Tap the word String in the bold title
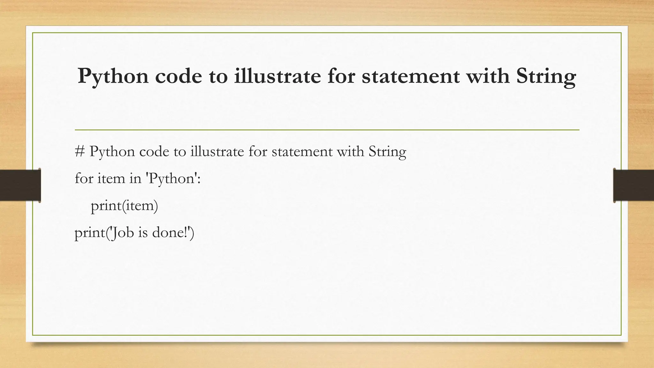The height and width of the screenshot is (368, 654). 546,77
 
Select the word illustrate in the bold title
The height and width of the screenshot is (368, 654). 277,76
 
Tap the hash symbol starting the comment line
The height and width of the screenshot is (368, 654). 80,151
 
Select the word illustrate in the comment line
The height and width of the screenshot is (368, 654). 217,151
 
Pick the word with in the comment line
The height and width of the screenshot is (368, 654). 350,151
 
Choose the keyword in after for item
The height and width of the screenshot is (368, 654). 135,178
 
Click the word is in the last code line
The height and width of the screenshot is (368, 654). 143,232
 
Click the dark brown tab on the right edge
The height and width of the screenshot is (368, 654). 634,185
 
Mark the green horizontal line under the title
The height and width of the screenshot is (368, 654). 327,130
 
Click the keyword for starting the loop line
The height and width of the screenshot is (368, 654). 84,178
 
